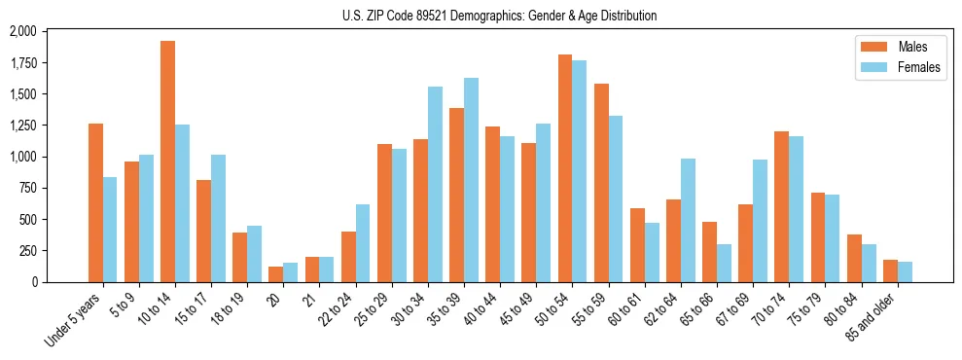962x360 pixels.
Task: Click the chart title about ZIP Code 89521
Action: click(x=500, y=16)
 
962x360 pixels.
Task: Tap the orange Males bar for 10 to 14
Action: click(x=167, y=162)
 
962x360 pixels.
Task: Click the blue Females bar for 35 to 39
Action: click(x=471, y=180)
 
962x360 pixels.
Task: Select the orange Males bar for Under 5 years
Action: click(x=95, y=202)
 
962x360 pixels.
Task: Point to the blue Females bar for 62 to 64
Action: click(x=688, y=220)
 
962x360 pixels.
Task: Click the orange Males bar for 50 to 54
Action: click(x=565, y=168)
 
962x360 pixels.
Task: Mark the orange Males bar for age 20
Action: click(x=276, y=274)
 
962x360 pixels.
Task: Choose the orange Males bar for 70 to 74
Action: click(x=781, y=206)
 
